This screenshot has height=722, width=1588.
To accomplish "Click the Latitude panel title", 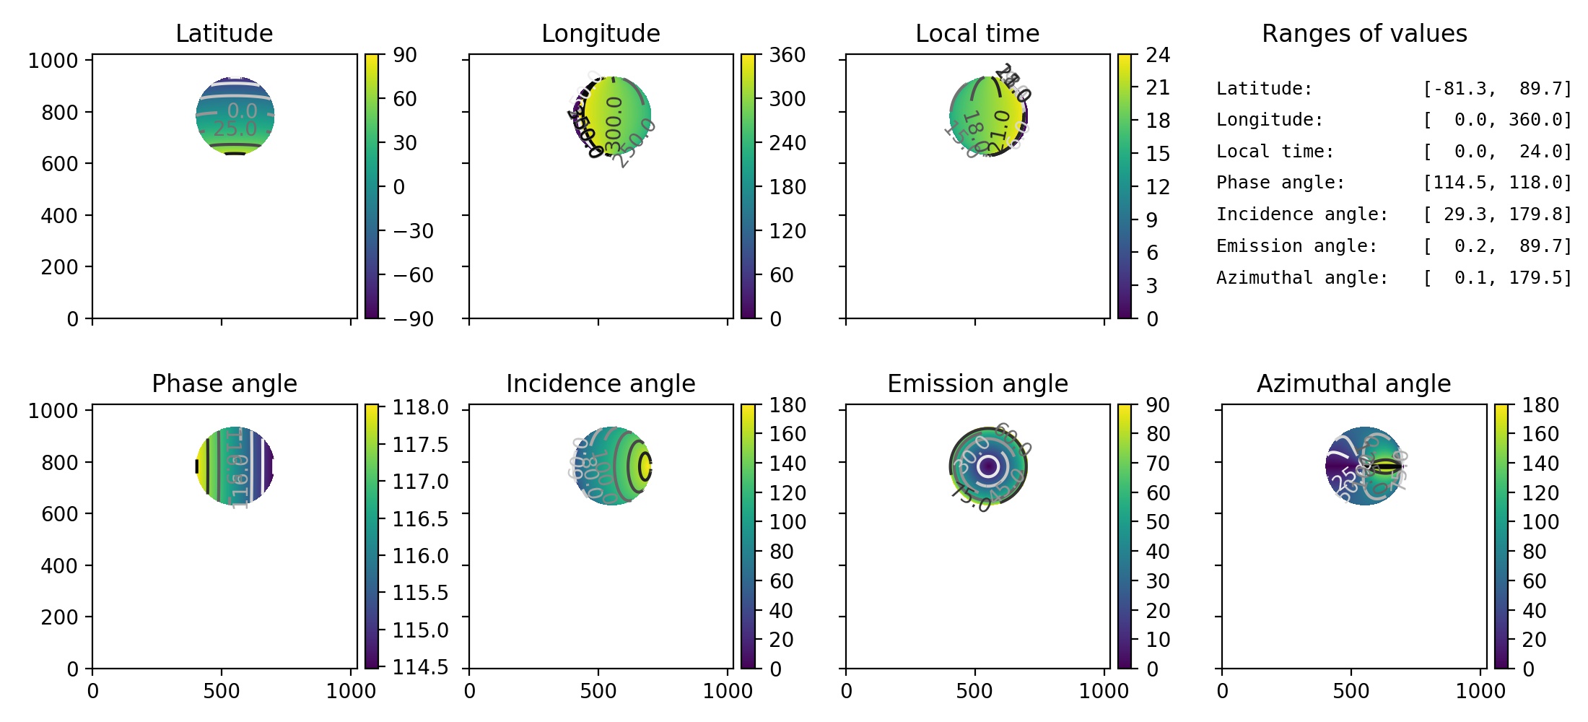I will pos(224,33).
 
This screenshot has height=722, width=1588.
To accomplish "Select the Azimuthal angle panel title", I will pos(1353,383).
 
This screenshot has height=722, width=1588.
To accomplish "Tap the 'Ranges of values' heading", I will pos(1364,33).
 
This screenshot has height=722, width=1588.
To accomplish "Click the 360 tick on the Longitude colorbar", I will pos(787,56).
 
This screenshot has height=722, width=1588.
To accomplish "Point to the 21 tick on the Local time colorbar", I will pos(1158,88).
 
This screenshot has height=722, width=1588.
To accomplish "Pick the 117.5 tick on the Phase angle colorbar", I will pos(420,445).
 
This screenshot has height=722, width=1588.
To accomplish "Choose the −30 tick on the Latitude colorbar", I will pos(413,231).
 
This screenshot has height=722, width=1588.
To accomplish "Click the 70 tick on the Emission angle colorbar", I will pos(1158,464).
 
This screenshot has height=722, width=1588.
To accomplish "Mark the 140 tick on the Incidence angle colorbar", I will pos(787,464).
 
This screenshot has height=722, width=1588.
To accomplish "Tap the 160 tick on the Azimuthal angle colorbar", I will pos(1540,434).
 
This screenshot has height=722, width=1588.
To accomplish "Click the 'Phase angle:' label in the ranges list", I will pos(1281,183).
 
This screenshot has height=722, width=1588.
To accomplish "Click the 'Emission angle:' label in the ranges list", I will pos(1296,246).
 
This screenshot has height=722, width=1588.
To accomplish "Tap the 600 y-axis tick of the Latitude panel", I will pos(58,164).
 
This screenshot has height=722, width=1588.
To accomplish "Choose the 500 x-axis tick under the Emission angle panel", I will pos(974,691).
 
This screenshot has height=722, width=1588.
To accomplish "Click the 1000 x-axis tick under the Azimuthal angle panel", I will pos(1480,691).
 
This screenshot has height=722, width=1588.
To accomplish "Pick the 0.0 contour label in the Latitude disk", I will pos(242,110).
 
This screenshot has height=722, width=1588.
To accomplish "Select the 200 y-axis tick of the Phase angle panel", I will pos(58,617).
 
